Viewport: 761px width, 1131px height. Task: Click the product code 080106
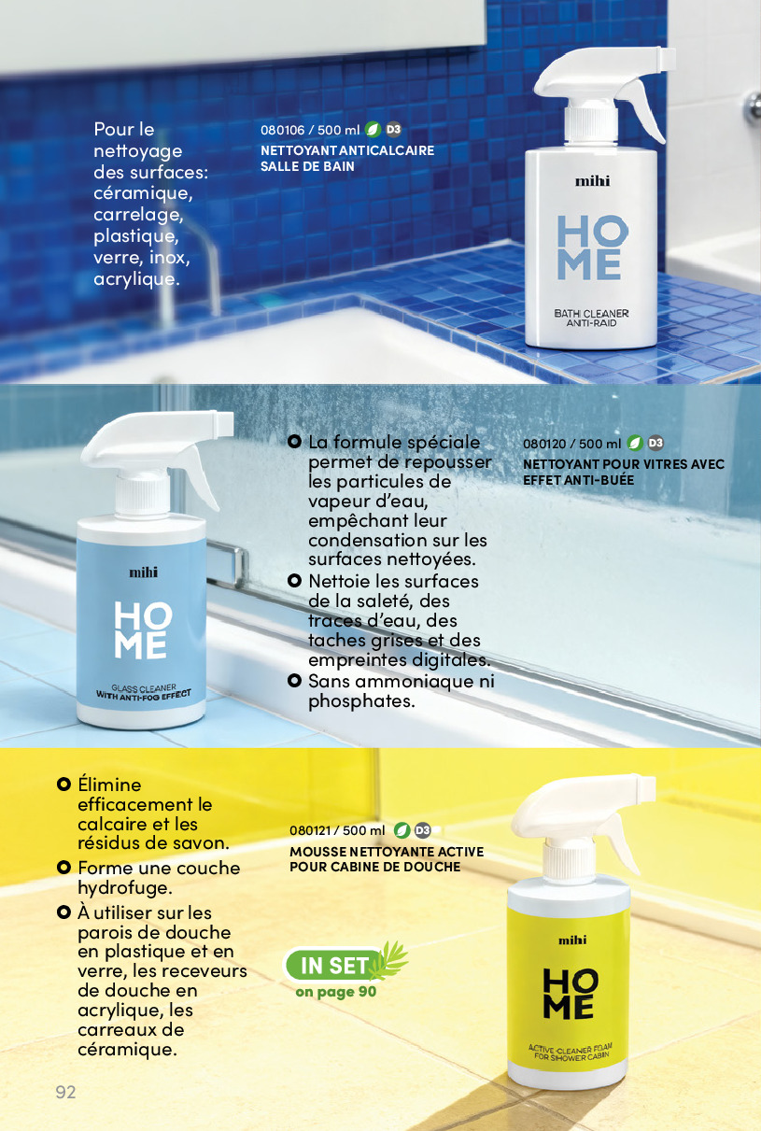[x=283, y=130]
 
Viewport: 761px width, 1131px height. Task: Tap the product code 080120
[x=544, y=444]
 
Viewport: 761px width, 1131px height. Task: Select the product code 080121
[x=310, y=830]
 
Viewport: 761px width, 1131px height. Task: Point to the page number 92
[x=65, y=1092]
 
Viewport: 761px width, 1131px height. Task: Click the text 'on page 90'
[x=336, y=992]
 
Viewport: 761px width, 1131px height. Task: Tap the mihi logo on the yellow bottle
[x=572, y=940]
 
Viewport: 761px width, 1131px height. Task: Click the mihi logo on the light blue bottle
[x=143, y=573]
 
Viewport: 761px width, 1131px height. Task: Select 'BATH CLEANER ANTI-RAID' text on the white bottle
[x=591, y=318]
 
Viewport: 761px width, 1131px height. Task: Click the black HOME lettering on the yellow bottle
[x=570, y=993]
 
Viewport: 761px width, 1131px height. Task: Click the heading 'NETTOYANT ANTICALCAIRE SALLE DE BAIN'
[x=347, y=158]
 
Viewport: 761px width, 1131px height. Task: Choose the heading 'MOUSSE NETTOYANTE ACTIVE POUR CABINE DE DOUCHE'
[x=387, y=859]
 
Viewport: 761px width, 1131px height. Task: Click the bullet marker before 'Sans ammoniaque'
[x=294, y=681]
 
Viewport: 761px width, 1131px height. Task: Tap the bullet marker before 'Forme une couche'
[x=63, y=868]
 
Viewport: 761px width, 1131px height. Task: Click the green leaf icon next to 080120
[x=635, y=443]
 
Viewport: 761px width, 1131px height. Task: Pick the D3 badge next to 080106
[x=394, y=129]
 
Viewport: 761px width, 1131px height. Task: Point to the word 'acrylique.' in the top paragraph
[x=136, y=278]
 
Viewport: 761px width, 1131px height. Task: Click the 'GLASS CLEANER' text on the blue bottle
[x=144, y=688]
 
